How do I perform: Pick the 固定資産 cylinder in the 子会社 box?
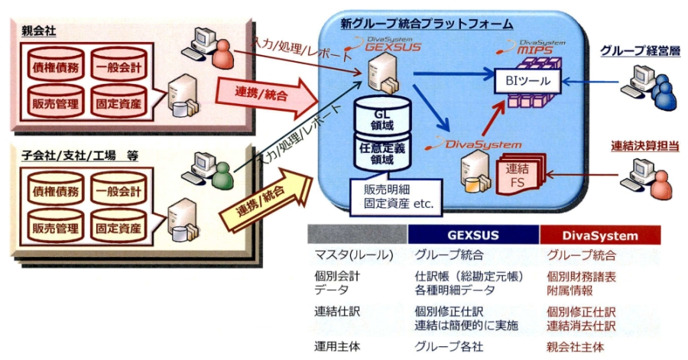coord(118,228)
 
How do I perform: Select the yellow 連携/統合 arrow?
coord(264,205)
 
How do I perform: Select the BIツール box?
coord(528,79)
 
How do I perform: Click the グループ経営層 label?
coord(638,51)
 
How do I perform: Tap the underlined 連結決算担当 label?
coord(641,145)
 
